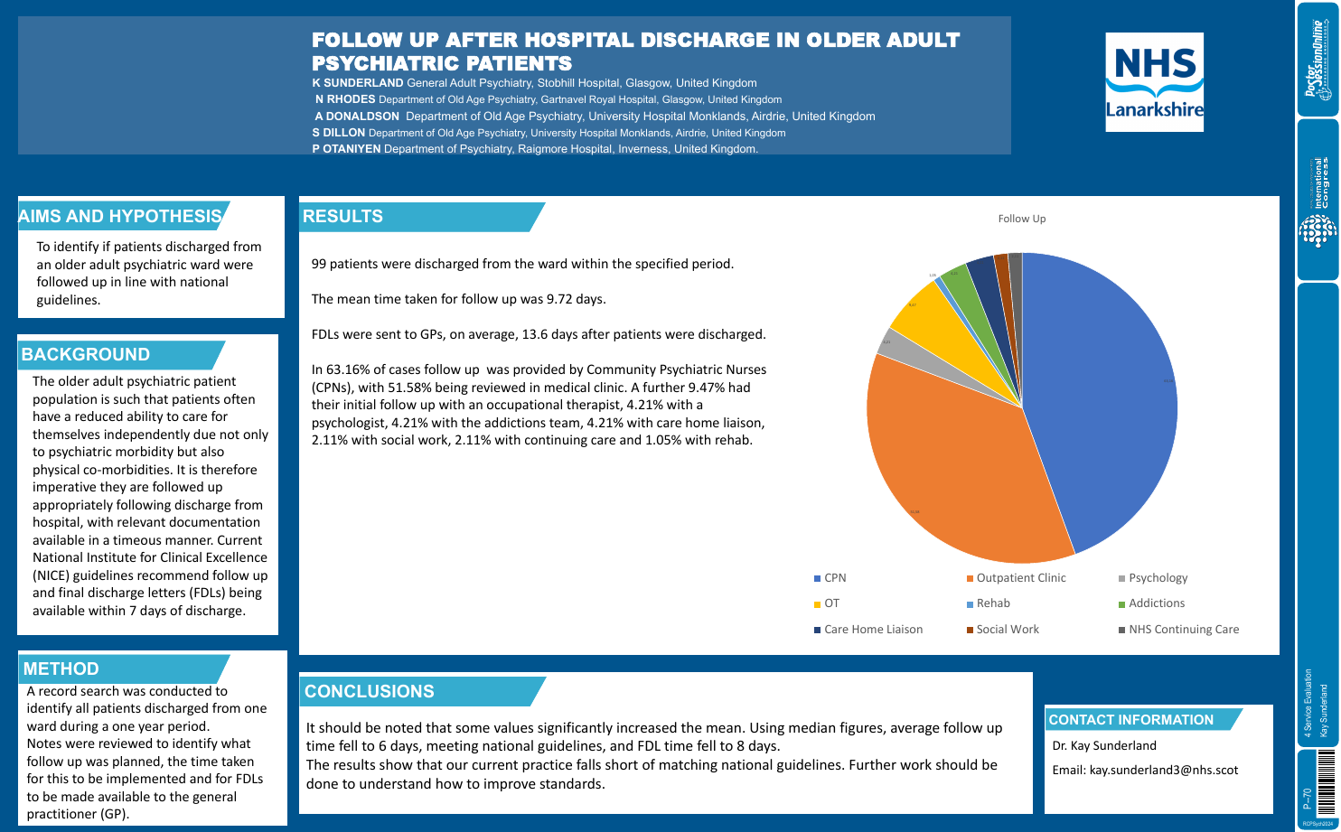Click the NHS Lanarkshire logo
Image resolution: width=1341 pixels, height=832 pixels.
pyautogui.click(x=1154, y=82)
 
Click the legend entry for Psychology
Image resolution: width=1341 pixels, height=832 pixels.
pyautogui.click(x=1157, y=578)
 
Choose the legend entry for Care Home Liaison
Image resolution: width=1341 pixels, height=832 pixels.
pyautogui.click(x=872, y=630)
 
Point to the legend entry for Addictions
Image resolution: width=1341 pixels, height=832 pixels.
pyautogui.click(x=1156, y=603)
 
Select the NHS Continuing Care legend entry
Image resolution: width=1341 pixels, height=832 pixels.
pyautogui.click(x=1183, y=630)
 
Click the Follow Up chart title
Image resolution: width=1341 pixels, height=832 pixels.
pyautogui.click(x=1021, y=219)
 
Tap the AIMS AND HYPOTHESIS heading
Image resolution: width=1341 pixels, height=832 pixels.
pyautogui.click(x=120, y=216)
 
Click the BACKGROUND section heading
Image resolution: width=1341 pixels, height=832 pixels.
pyautogui.click(x=86, y=355)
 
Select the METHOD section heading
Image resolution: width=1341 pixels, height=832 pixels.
pyautogui.click(x=61, y=669)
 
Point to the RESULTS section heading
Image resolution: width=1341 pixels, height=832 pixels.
pyautogui.click(x=343, y=217)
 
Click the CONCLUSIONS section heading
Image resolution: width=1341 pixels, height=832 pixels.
pyautogui.click(x=370, y=692)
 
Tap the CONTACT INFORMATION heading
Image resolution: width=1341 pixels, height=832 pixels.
pyautogui.click(x=1130, y=720)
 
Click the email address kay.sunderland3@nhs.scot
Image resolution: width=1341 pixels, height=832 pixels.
pyautogui.click(x=1163, y=771)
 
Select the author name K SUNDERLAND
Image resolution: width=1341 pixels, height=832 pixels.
pyautogui.click(x=358, y=83)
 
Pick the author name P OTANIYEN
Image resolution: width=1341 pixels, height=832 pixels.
pyautogui.click(x=346, y=149)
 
